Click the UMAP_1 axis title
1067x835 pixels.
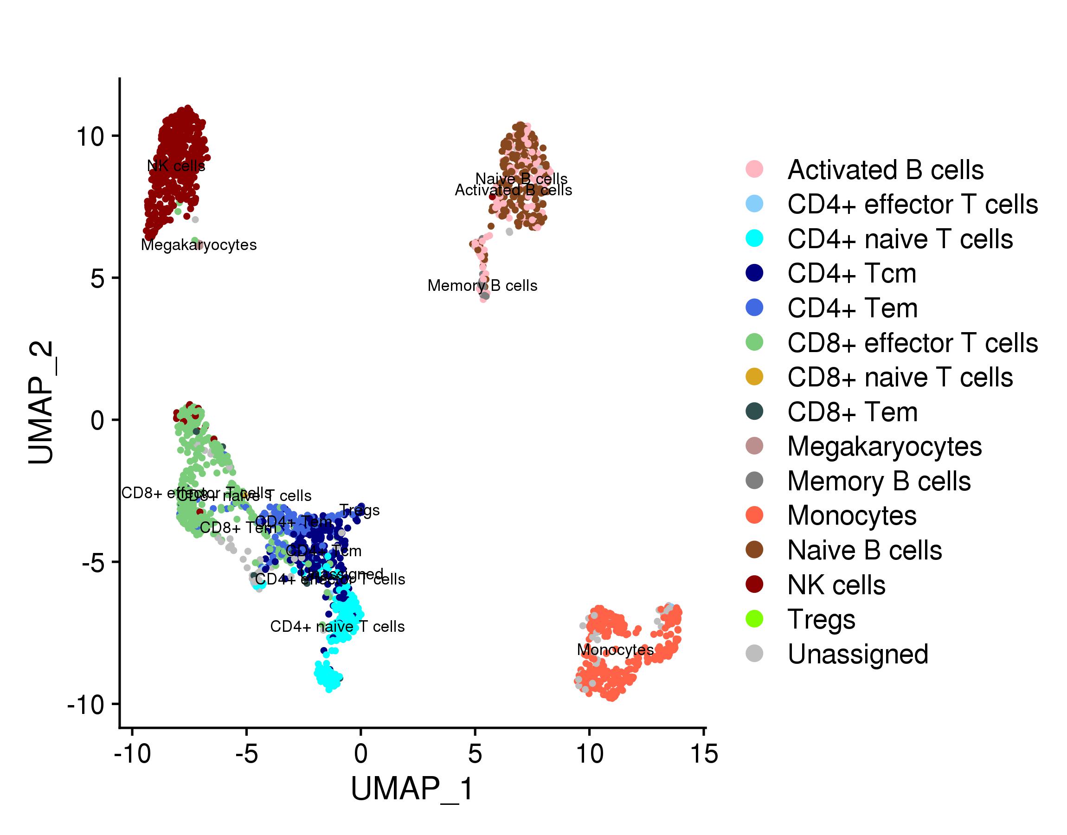(x=412, y=789)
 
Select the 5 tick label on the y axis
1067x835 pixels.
(x=98, y=279)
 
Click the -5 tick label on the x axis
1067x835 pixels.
(x=246, y=753)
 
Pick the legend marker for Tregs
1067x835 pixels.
(x=755, y=619)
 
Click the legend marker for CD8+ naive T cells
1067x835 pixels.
(x=755, y=377)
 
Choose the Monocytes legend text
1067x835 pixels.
(x=851, y=515)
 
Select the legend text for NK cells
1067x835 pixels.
(x=836, y=584)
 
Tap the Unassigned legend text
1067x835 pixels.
(x=858, y=654)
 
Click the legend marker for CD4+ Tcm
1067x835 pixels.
(x=755, y=273)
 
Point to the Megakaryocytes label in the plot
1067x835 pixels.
(x=199, y=244)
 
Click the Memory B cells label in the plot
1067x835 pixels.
(x=482, y=285)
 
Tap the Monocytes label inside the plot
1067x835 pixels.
(x=615, y=649)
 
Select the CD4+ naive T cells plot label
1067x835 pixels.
(x=337, y=626)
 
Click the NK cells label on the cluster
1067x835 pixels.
(x=176, y=166)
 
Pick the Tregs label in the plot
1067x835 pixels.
(x=359, y=510)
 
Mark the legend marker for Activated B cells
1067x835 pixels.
(x=755, y=169)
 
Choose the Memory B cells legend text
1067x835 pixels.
(x=879, y=481)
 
